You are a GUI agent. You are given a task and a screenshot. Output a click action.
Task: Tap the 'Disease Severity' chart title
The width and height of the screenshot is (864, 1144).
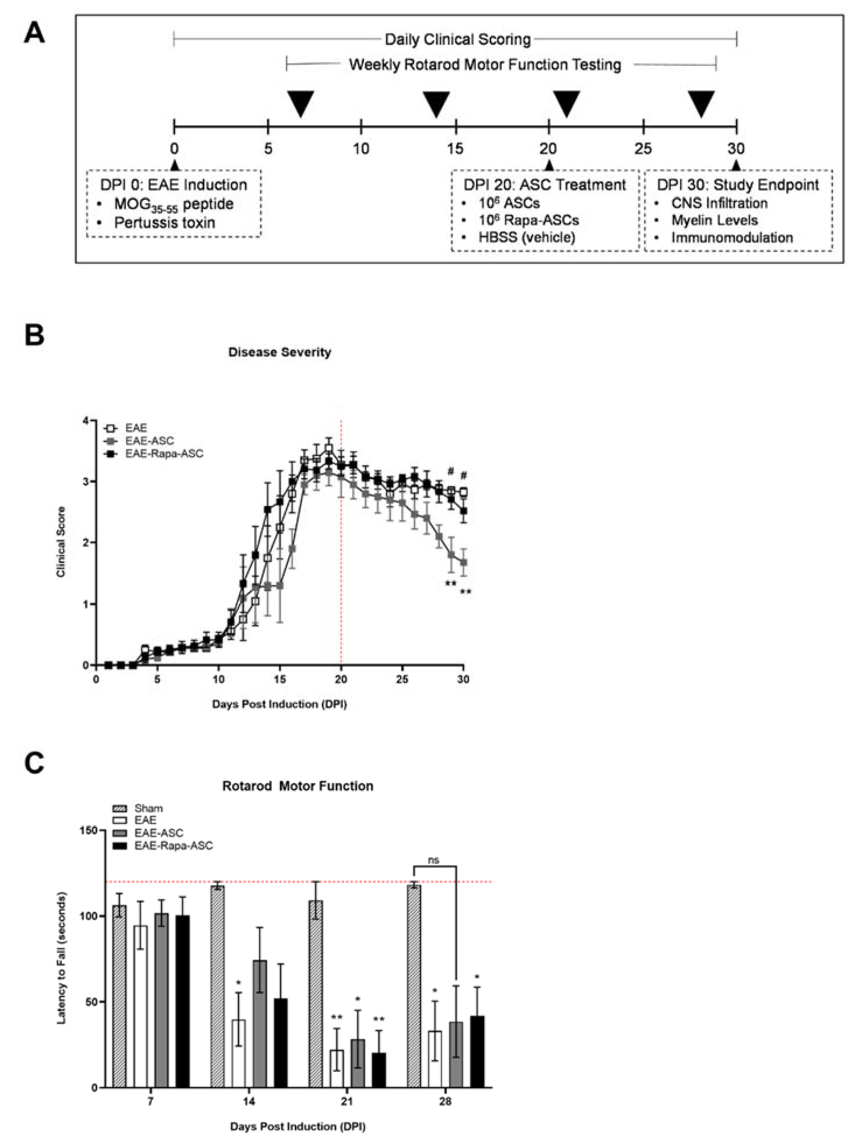pos(279,352)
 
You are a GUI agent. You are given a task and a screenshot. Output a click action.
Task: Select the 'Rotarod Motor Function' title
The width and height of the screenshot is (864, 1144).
pos(297,786)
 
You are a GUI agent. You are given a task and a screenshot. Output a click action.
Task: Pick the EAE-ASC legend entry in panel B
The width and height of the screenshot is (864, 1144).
pos(149,441)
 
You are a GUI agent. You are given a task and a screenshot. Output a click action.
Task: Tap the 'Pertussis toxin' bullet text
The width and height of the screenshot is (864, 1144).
pos(164,223)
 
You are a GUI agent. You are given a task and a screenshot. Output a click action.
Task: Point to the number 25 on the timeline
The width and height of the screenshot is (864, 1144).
pos(643,149)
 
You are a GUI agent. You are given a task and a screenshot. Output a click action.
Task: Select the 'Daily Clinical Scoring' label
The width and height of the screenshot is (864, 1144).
pos(457,39)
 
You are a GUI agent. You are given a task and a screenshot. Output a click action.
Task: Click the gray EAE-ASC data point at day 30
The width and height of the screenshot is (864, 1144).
pos(464,563)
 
